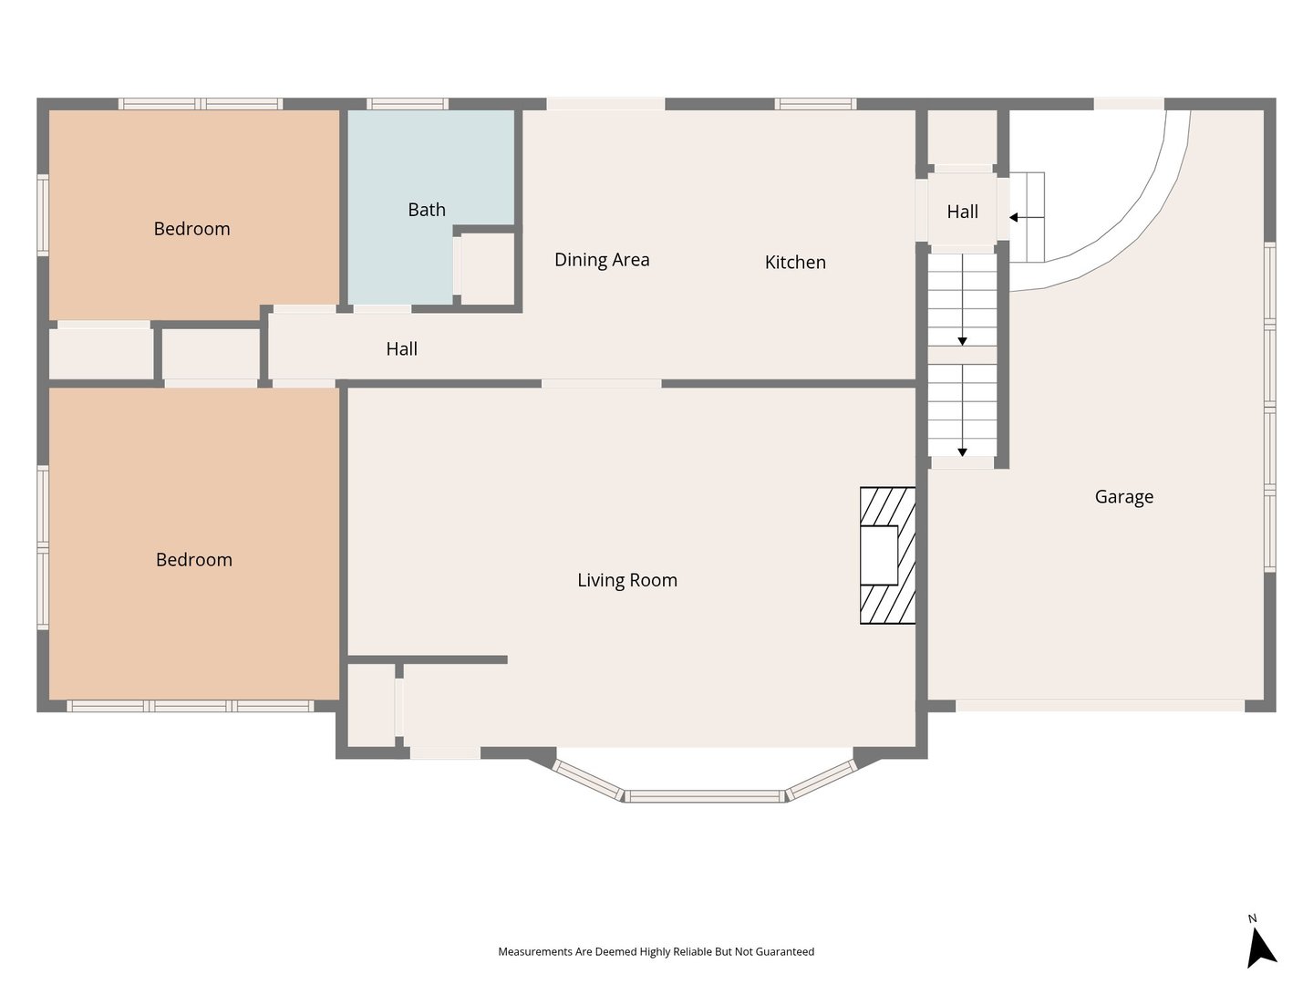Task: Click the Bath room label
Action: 427,210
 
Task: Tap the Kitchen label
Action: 795,262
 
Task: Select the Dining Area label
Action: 602,260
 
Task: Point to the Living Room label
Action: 627,580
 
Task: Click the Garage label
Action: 1124,497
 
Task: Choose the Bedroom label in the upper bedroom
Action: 191,228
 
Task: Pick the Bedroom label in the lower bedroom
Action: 194,560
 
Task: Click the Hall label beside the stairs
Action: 962,211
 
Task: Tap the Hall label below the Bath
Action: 401,348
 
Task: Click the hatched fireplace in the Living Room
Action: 888,555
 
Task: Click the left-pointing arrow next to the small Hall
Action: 1027,217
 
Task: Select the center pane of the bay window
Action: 705,796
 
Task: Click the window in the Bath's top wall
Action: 408,104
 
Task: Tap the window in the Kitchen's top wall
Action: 815,104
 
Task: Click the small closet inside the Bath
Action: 488,268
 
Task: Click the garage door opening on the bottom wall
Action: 1100,706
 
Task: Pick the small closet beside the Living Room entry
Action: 371,705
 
